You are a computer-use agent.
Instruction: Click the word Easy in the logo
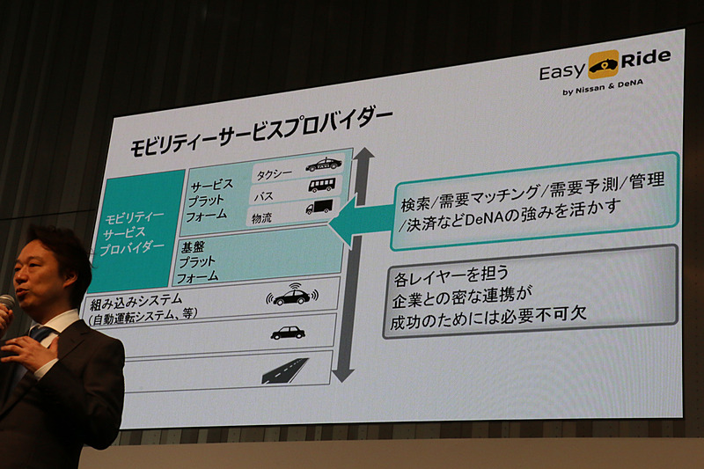[563, 69]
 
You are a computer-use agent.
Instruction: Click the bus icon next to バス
[321, 186]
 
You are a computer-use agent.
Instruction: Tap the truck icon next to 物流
[319, 208]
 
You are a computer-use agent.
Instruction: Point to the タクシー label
[275, 171]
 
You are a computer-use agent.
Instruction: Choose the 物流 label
[263, 216]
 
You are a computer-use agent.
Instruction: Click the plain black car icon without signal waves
[288, 333]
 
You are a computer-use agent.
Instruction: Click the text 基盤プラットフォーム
[198, 261]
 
